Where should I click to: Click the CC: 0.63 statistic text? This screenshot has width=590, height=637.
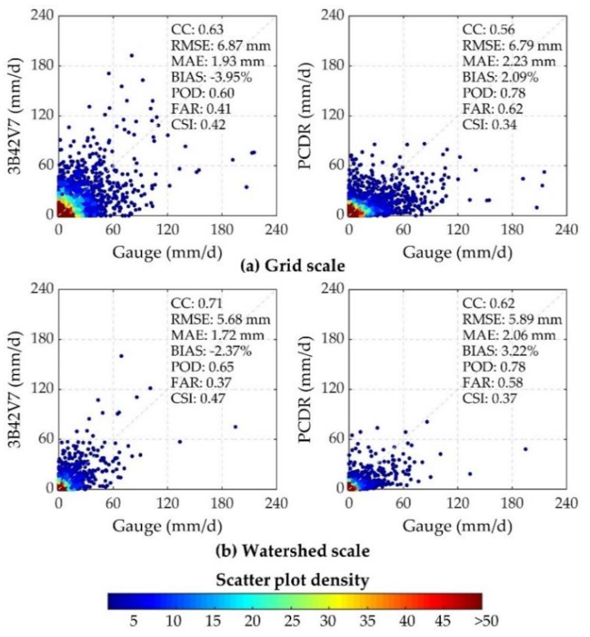click(x=197, y=30)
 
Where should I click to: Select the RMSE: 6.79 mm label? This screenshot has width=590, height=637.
click(x=512, y=46)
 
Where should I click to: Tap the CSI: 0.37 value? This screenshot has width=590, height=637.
click(x=489, y=399)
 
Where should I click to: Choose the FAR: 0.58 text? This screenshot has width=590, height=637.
click(x=493, y=382)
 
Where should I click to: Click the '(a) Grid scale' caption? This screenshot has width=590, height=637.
click(x=292, y=266)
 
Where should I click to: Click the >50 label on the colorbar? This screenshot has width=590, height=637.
click(x=486, y=621)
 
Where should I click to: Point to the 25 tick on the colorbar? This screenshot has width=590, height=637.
click(x=292, y=621)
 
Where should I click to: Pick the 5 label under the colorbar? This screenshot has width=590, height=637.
click(x=133, y=621)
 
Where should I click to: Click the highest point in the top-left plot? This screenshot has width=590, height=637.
click(x=131, y=55)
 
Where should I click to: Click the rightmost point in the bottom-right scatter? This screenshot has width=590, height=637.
click(x=525, y=449)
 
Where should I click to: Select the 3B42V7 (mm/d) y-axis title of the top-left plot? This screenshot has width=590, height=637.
click(x=15, y=116)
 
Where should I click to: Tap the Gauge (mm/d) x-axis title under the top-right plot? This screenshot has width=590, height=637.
click(x=457, y=253)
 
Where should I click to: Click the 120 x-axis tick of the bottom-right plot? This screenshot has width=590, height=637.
click(x=457, y=504)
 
